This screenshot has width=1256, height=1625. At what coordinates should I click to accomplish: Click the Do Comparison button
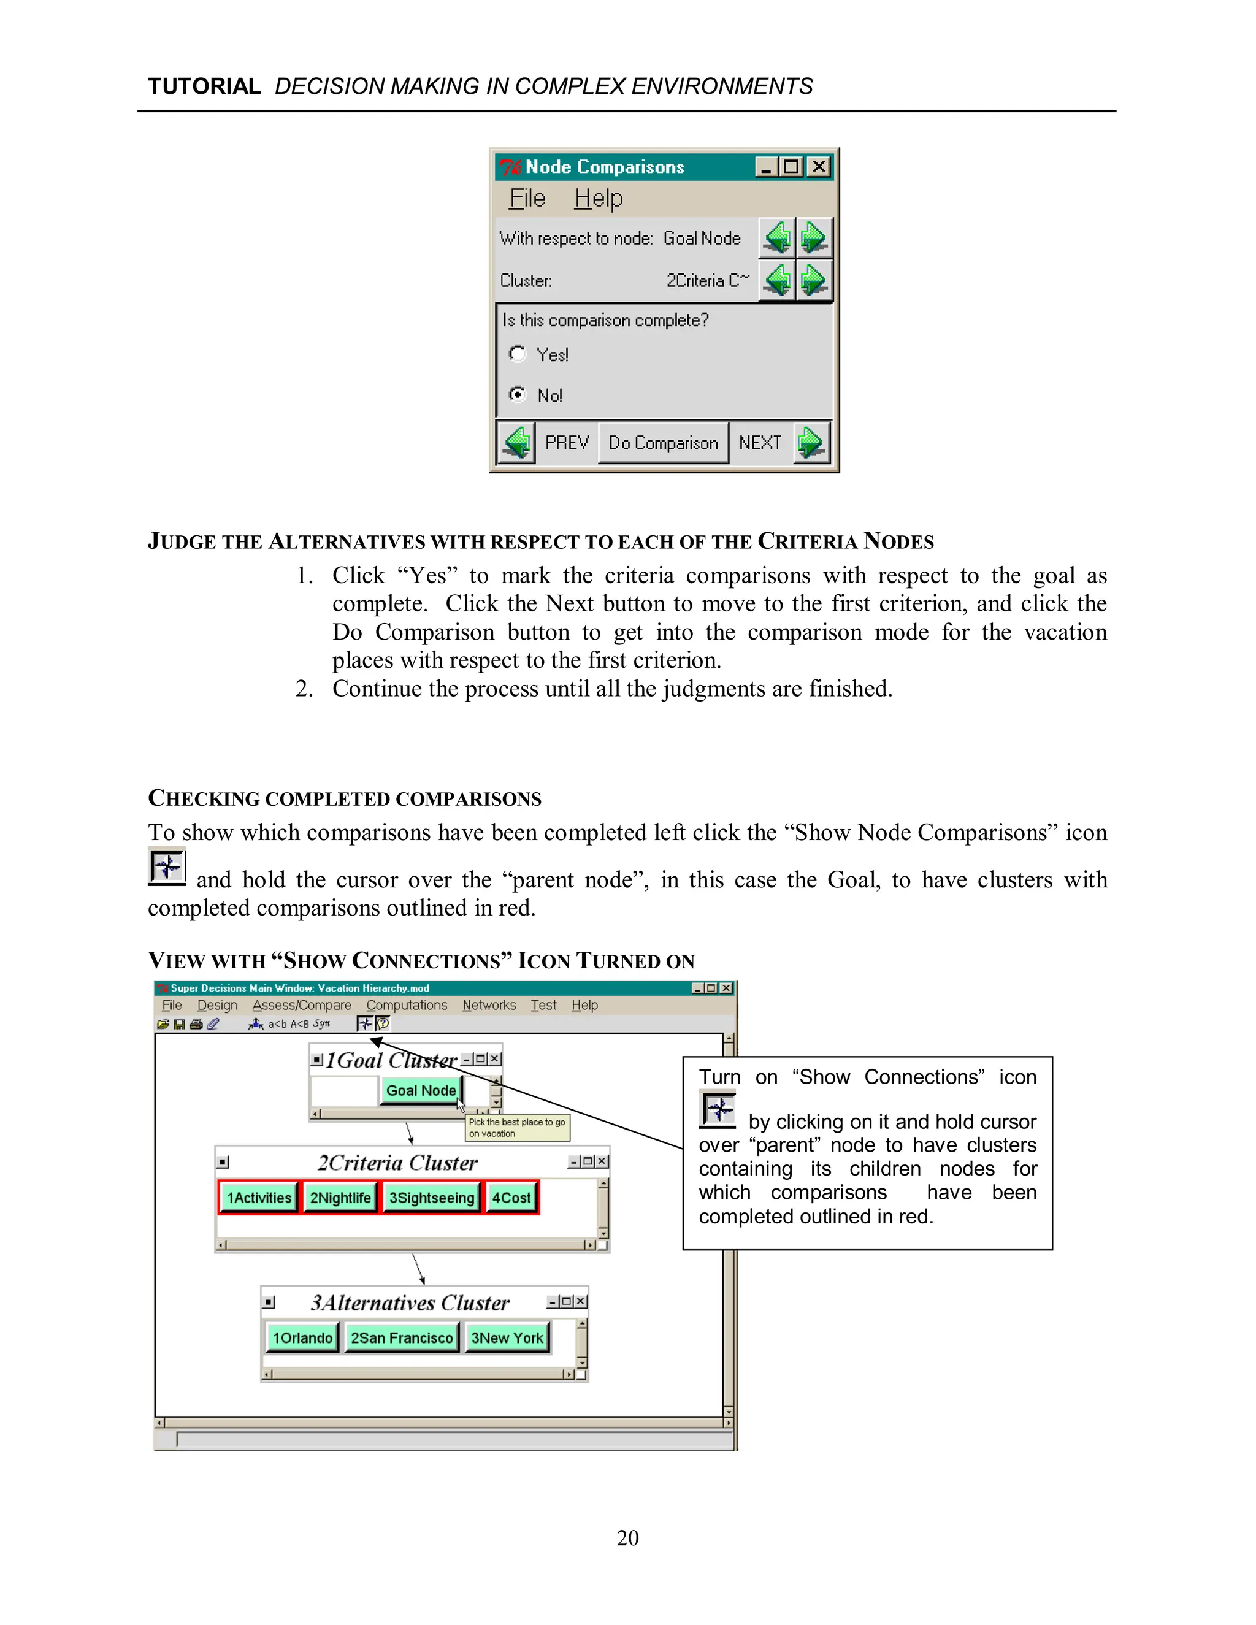(x=663, y=443)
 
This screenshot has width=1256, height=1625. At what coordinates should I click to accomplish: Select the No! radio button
(x=518, y=394)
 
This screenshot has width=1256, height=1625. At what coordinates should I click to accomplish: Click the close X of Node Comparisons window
(x=819, y=167)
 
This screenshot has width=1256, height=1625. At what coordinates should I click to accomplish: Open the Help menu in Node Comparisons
(x=598, y=198)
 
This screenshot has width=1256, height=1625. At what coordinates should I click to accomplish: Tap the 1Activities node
(x=259, y=1197)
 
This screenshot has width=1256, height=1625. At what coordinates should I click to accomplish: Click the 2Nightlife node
(x=340, y=1197)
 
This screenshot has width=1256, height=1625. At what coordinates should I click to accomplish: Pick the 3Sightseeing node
(x=432, y=1197)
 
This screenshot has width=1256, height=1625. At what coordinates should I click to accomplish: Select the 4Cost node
(x=511, y=1197)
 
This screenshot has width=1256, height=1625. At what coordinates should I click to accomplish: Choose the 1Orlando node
(x=302, y=1337)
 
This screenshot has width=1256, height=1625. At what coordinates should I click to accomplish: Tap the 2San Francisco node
(x=402, y=1337)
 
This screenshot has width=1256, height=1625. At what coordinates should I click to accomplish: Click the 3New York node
(x=507, y=1337)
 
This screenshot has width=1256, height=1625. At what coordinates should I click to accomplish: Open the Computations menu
(x=406, y=1005)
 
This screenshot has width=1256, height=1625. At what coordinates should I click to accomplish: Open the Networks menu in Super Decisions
(x=489, y=1005)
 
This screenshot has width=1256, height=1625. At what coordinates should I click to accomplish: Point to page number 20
(x=627, y=1537)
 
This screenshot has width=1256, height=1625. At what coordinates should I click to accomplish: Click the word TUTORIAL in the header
(x=204, y=86)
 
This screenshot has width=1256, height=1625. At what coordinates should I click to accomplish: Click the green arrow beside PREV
(x=516, y=443)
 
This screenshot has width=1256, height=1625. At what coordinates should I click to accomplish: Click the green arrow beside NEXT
(x=810, y=443)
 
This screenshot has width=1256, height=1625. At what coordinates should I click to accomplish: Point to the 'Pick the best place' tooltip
(x=517, y=1127)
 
